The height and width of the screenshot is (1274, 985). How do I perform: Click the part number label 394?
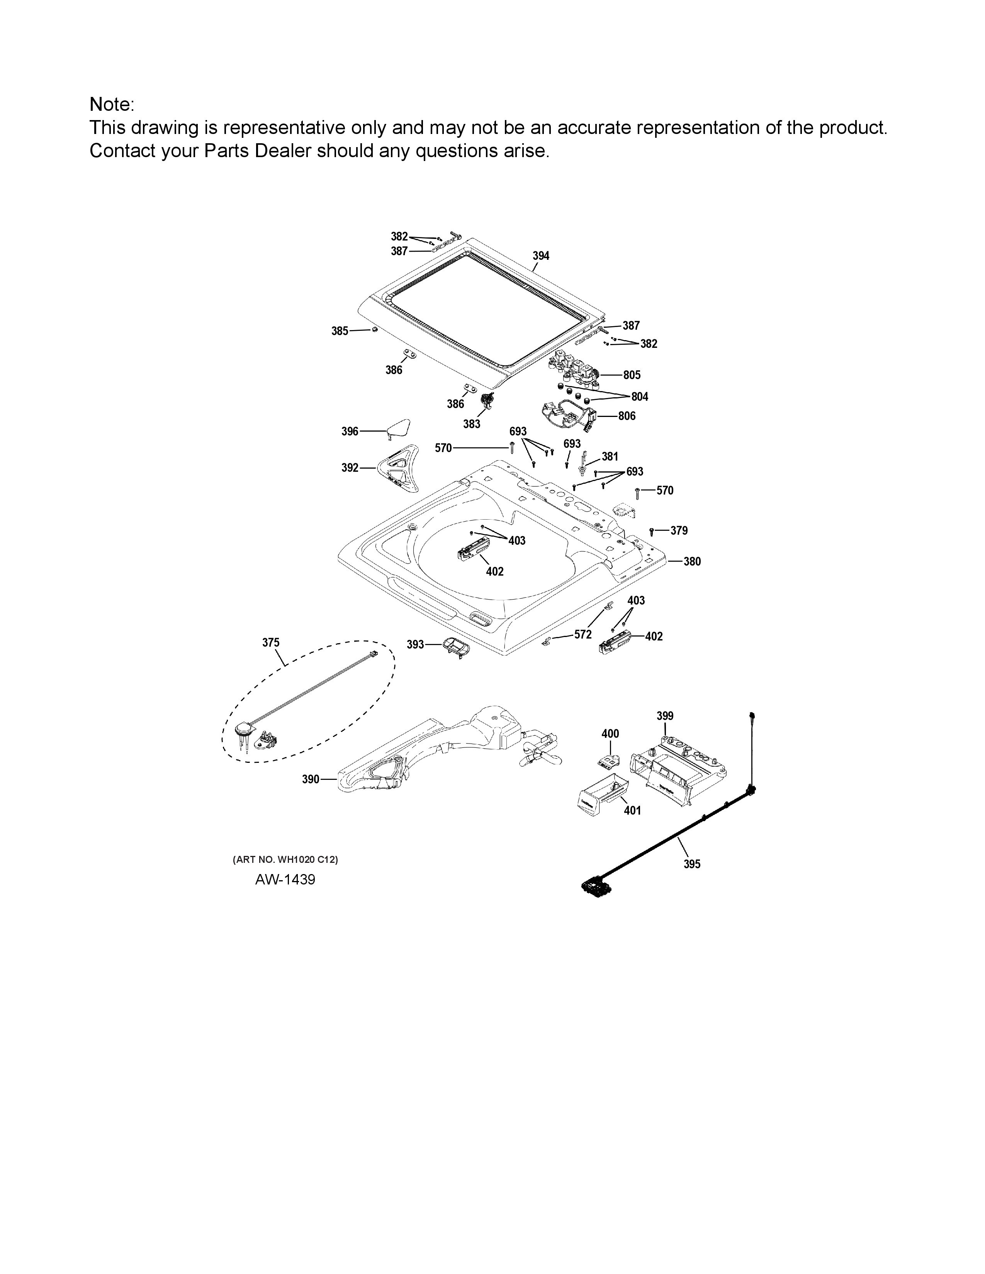pyautogui.click(x=540, y=256)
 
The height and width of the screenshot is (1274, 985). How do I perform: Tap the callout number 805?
pyautogui.click(x=632, y=375)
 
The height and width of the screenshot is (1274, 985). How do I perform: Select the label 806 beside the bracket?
pyautogui.click(x=627, y=416)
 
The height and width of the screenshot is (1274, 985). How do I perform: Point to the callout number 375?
pyautogui.click(x=271, y=642)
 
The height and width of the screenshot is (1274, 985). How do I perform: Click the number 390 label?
pyautogui.click(x=311, y=779)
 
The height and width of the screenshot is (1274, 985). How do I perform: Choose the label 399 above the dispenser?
pyautogui.click(x=665, y=716)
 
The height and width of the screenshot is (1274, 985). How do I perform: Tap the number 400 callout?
pyautogui.click(x=610, y=733)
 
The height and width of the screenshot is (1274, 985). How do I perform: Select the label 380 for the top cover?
pyautogui.click(x=692, y=561)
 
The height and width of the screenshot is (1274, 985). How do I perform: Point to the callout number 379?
pyautogui.click(x=679, y=530)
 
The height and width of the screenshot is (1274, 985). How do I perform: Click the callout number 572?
pyautogui.click(x=583, y=634)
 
